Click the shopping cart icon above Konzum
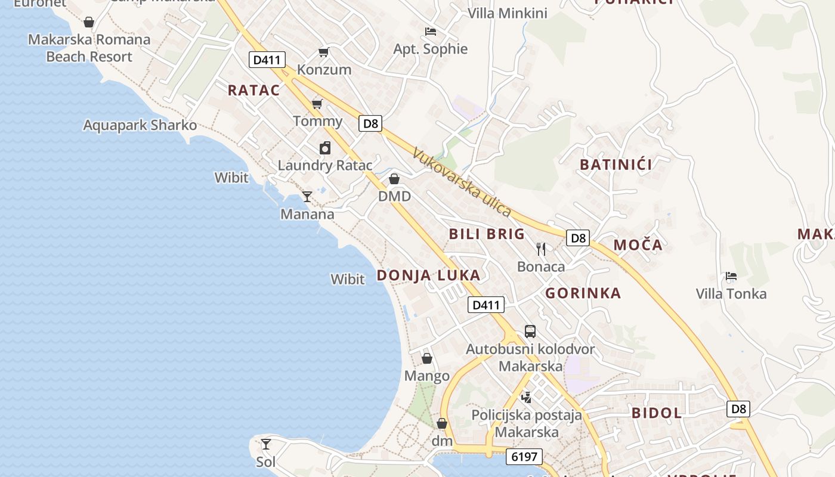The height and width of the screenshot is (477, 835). click(x=323, y=52)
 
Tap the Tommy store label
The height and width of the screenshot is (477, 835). click(x=317, y=121)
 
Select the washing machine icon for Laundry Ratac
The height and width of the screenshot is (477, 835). click(x=325, y=148)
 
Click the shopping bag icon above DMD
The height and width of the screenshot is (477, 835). click(x=394, y=179)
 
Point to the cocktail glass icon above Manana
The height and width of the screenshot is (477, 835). click(x=307, y=196)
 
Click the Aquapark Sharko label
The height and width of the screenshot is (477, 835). click(x=140, y=125)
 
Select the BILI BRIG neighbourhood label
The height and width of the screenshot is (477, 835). click(x=487, y=234)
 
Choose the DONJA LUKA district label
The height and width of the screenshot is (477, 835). click(x=428, y=275)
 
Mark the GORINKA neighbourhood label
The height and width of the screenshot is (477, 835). click(x=583, y=293)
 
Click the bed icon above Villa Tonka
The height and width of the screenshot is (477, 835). click(x=731, y=276)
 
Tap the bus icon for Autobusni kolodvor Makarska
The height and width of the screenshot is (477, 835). click(x=530, y=332)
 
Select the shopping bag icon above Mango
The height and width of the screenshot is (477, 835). click(x=427, y=358)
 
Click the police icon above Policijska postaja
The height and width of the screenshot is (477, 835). click(x=526, y=397)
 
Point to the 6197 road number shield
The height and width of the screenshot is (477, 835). click(x=524, y=457)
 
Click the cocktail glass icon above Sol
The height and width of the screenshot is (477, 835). click(x=266, y=444)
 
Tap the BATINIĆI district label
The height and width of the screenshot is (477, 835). click(x=616, y=165)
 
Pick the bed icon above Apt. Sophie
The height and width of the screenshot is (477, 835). click(x=431, y=32)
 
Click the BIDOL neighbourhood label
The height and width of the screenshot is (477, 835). click(x=657, y=413)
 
